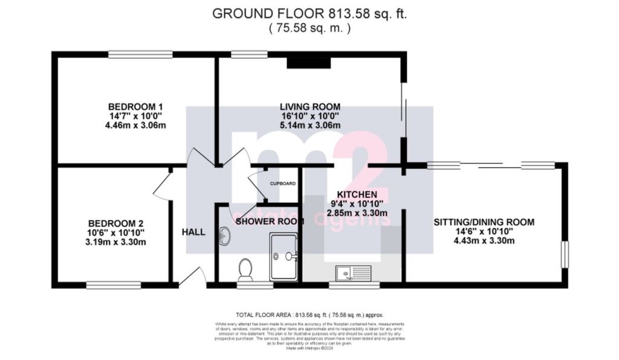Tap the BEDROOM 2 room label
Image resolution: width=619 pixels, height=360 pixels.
[x=115, y=222]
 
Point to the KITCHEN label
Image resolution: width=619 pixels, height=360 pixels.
[x=357, y=194]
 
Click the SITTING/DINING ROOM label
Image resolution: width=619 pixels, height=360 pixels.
[x=484, y=222]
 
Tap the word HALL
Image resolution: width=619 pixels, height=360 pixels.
[x=193, y=232]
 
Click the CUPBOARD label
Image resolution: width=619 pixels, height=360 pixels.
[x=282, y=183]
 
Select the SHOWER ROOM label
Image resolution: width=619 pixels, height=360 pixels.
[x=269, y=221]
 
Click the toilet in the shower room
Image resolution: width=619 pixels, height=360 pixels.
[x=245, y=269]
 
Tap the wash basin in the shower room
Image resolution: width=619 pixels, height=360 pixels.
[x=224, y=236]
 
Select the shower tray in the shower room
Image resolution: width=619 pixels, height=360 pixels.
[x=284, y=257]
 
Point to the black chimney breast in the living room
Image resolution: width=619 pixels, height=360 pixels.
[x=309, y=61]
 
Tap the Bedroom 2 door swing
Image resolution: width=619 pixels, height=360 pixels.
[x=163, y=184]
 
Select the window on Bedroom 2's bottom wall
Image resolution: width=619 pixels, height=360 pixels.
[x=113, y=285]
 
